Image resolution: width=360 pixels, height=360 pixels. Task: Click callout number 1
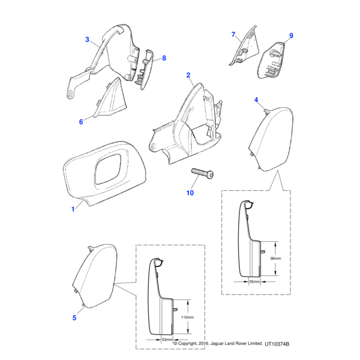click(73, 209)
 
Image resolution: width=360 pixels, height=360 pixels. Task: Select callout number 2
click(188, 75)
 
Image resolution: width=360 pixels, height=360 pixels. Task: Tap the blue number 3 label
click(87, 40)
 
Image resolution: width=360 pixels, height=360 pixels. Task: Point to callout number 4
click(256, 100)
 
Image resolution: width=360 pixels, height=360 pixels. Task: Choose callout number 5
click(74, 318)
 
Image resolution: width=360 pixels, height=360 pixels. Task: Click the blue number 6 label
click(81, 122)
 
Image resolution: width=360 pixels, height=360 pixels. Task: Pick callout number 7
click(233, 34)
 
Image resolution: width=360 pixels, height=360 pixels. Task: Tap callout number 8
click(164, 58)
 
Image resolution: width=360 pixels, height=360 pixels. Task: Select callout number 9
click(291, 35)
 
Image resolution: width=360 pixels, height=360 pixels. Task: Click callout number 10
click(190, 193)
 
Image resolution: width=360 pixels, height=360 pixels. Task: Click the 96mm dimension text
click(275, 258)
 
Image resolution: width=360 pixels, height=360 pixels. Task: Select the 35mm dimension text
click(254, 281)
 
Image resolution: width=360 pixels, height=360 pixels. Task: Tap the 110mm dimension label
click(187, 317)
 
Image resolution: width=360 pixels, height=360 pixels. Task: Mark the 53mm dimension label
click(167, 340)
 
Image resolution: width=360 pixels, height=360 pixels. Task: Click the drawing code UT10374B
click(277, 344)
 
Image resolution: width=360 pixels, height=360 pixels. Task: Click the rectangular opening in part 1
click(108, 169)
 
